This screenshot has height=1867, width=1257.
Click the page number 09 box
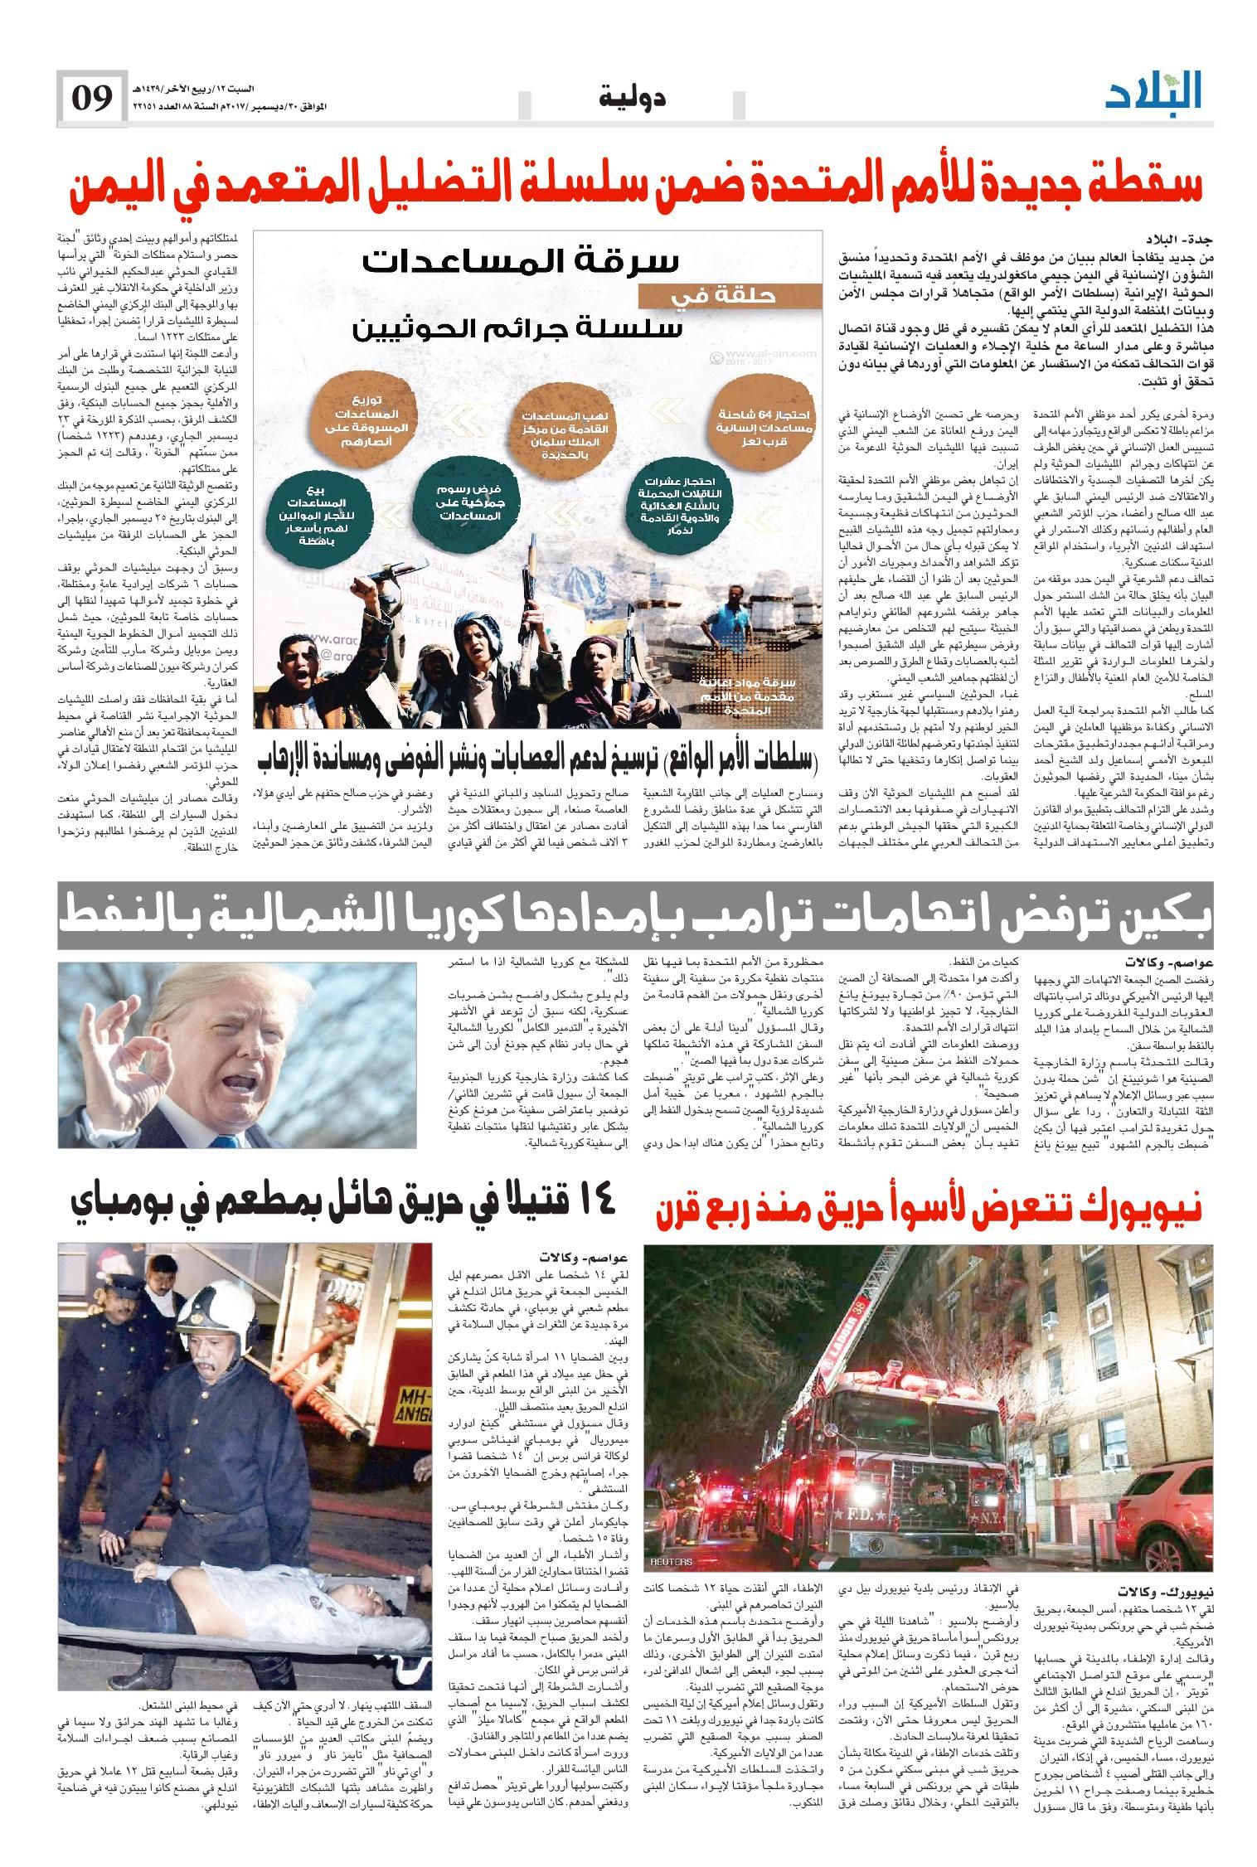tap(91, 99)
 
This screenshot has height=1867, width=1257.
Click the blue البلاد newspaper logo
tap(1153, 93)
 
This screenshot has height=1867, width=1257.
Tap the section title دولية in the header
tap(633, 99)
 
